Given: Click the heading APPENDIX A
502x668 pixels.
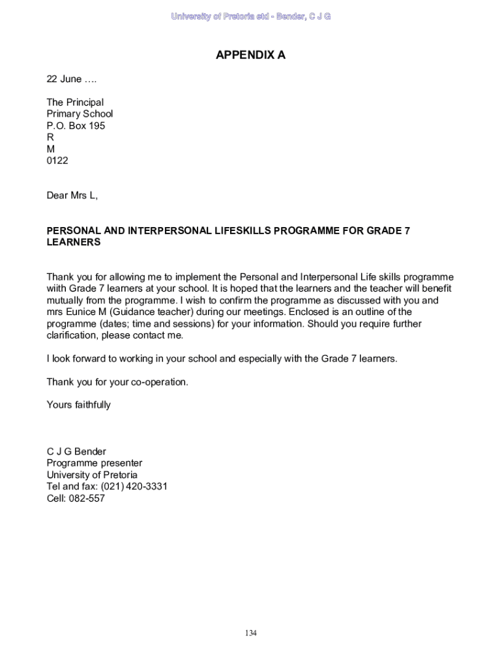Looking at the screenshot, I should click(250, 55).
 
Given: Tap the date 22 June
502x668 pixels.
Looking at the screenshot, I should click(64, 79).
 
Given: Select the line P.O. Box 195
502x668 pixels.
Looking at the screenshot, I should click(76, 125).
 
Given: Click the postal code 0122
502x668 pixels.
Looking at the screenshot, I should click(57, 160).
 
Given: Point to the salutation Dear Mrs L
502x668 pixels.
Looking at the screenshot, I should click(72, 195).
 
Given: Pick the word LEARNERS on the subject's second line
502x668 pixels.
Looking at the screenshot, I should click(74, 242).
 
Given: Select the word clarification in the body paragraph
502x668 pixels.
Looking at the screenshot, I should click(71, 335).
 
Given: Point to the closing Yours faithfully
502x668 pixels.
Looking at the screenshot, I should click(78, 404).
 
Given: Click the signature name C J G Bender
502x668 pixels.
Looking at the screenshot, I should click(76, 451).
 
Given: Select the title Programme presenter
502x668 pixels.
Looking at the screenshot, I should click(94, 463).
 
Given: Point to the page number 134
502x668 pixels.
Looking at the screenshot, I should click(250, 633).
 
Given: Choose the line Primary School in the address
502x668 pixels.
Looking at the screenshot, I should click(80, 114).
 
